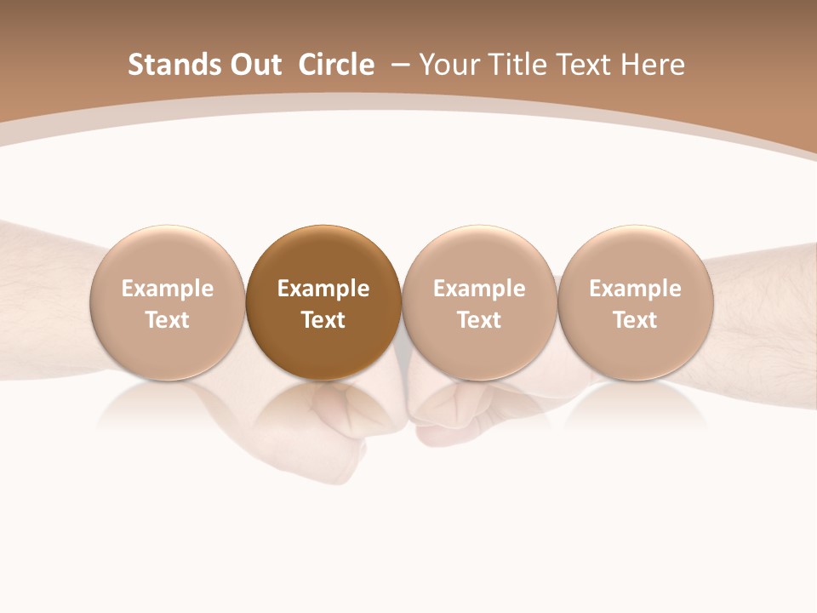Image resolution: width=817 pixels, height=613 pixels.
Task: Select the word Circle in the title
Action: (336, 65)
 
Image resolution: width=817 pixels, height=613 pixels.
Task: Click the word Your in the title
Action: (447, 65)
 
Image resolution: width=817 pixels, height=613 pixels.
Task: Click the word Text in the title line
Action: (584, 65)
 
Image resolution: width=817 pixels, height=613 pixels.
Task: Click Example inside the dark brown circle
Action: (323, 289)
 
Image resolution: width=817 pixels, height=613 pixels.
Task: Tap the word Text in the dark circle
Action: (323, 320)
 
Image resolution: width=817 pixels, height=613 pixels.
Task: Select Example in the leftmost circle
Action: (168, 289)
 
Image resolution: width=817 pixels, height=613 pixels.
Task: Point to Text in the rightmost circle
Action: (635, 320)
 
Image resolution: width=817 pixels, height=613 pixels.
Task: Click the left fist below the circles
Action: (340, 426)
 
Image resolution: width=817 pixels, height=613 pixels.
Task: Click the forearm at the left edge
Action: (43, 298)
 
